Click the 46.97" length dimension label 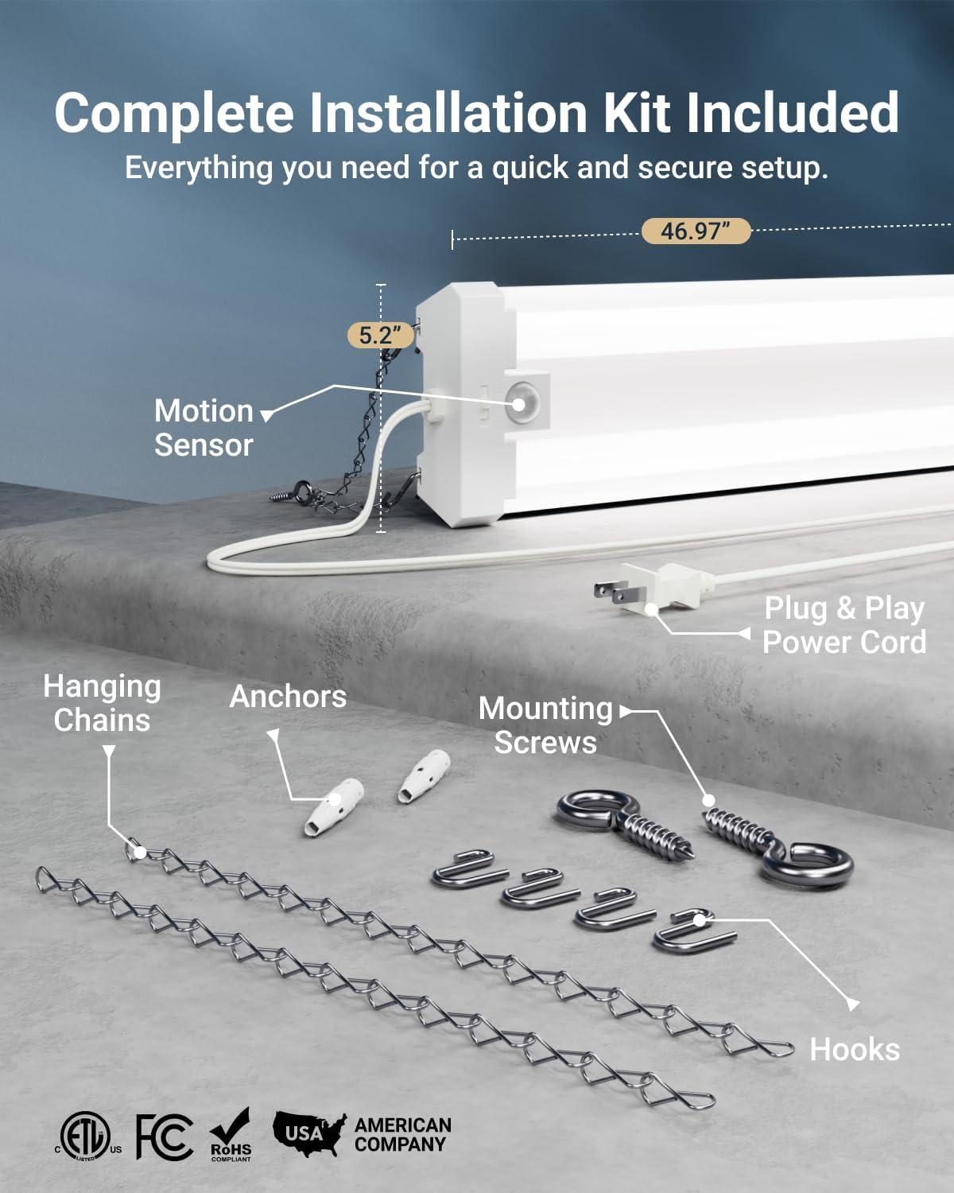pyautogui.click(x=696, y=231)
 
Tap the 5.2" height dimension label pyautogui.click(x=381, y=335)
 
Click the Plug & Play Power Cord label pyautogui.click(x=844, y=625)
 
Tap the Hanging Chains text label pyautogui.click(x=102, y=703)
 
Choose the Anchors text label pyautogui.click(x=288, y=697)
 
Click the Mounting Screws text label pyautogui.click(x=545, y=725)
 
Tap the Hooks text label pyautogui.click(x=855, y=1050)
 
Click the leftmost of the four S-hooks pyautogui.click(x=469, y=869)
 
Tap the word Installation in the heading pyautogui.click(x=448, y=113)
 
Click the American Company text pyautogui.click(x=402, y=1135)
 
